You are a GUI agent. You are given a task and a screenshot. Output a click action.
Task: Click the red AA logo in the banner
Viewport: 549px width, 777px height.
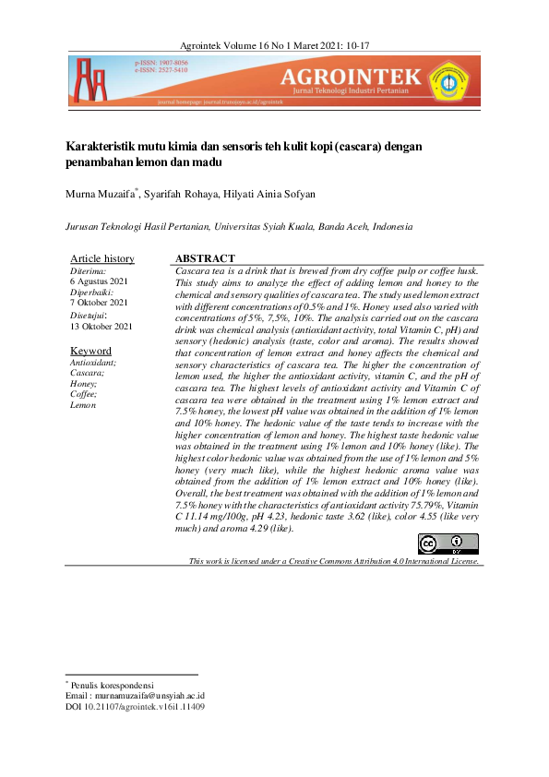click(x=90, y=79)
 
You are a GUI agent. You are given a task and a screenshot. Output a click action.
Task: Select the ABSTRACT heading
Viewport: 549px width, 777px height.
click(x=205, y=258)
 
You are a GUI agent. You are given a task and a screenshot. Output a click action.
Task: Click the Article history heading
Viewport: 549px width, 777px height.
click(x=102, y=258)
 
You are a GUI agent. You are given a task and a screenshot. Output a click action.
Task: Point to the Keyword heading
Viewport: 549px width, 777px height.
click(x=91, y=351)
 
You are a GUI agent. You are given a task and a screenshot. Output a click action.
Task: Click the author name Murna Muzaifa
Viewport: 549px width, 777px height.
click(x=101, y=194)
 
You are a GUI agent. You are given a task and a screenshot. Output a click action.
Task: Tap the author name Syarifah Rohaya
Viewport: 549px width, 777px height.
click(x=180, y=194)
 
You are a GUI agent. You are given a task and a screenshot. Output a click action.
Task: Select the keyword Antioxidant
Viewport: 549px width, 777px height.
click(x=94, y=364)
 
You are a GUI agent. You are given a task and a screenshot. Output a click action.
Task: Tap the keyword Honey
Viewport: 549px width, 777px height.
click(x=85, y=384)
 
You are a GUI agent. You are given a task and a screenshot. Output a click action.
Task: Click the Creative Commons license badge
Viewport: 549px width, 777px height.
click(x=455, y=545)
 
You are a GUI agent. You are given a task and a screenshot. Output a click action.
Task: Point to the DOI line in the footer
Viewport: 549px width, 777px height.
click(x=135, y=707)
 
